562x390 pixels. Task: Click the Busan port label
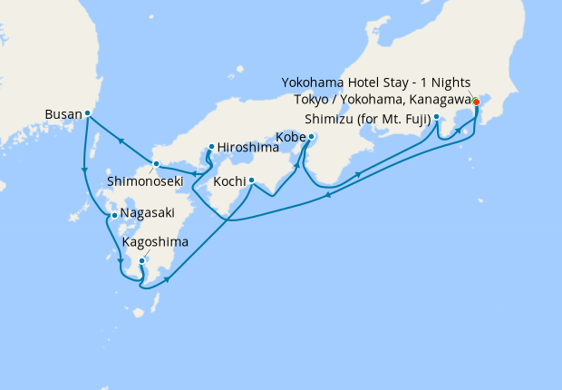pyautogui.click(x=63, y=115)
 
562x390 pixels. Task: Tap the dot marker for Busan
pyautogui.click(x=88, y=113)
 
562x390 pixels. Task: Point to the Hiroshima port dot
pyautogui.click(x=211, y=147)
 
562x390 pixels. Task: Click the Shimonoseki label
pyautogui.click(x=145, y=181)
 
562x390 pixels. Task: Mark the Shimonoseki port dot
pyautogui.click(x=156, y=164)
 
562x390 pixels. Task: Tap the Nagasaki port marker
pyautogui.click(x=113, y=216)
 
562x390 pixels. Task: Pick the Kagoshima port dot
pyautogui.click(x=142, y=260)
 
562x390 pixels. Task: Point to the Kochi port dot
pyautogui.click(x=251, y=180)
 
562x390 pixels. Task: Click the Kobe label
pyautogui.click(x=289, y=139)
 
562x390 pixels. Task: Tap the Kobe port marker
pyautogui.click(x=311, y=138)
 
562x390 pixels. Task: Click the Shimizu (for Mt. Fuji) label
pyautogui.click(x=367, y=118)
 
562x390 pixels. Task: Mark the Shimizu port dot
pyautogui.click(x=437, y=117)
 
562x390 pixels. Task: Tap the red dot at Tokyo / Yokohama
pyautogui.click(x=477, y=102)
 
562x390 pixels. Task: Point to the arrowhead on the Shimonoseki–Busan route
pyautogui.click(x=121, y=139)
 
